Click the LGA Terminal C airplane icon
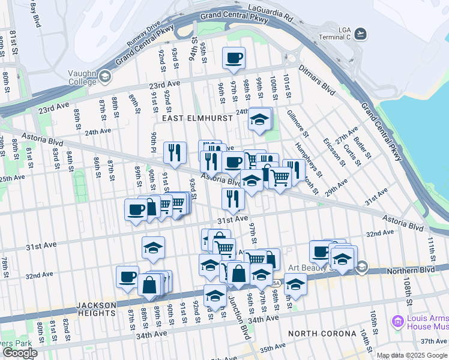click(x=360, y=32)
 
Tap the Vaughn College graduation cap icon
click(x=106, y=76)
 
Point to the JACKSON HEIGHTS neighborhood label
click(x=96, y=309)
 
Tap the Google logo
click(x=19, y=353)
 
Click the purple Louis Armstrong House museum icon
click(x=397, y=322)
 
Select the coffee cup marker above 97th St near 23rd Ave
click(x=234, y=58)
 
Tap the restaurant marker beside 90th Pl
click(x=175, y=152)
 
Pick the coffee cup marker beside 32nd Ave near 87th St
click(x=127, y=277)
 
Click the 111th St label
click(x=430, y=245)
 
